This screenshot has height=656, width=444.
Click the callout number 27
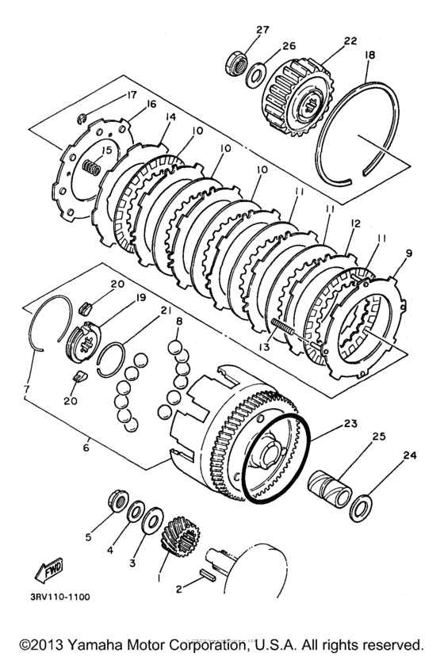coord(262,29)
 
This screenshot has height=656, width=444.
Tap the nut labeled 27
coord(236,65)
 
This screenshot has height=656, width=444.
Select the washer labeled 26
coord(255,75)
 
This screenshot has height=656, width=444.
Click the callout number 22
coord(350,40)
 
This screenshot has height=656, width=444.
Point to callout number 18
coord(369,55)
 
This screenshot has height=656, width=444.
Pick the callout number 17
coord(131,95)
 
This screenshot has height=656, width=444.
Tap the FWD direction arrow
coord(49,570)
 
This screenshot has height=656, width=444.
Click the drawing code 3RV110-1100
coord(60,597)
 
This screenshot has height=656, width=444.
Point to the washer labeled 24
coord(360,508)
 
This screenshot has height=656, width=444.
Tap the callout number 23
coord(350,423)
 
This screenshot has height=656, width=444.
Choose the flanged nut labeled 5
coord(117,500)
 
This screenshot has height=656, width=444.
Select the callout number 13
coord(265,347)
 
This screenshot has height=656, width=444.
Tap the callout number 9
coord(409,253)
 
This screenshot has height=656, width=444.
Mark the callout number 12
coord(355,224)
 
